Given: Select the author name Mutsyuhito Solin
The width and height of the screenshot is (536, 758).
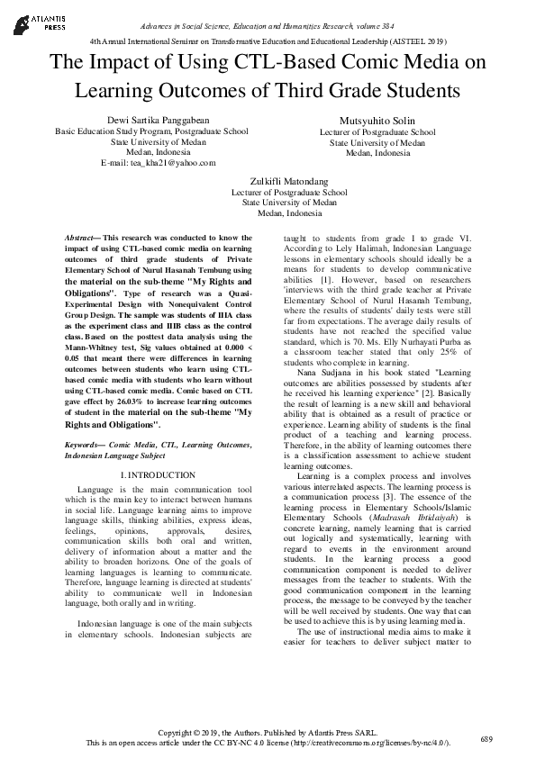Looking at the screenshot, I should pos(377,120).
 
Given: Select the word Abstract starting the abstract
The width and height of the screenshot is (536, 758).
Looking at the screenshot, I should pos(81,238).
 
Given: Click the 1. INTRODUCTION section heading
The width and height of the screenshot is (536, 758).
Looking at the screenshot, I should pos(157,474).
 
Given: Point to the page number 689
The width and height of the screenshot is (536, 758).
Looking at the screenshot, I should pos(486,738).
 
